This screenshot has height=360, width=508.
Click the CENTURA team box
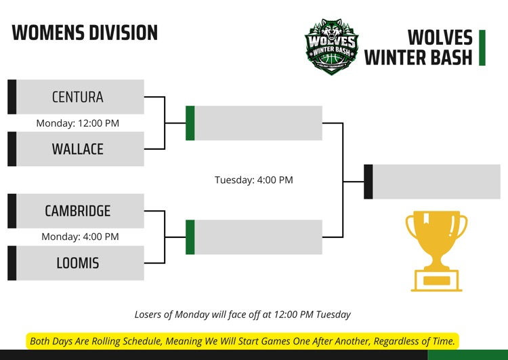click(78, 97)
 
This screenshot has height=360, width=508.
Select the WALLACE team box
click(78, 149)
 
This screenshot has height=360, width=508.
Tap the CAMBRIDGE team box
click(78, 211)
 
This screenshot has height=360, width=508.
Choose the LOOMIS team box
click(78, 263)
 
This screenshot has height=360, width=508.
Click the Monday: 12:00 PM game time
click(77, 123)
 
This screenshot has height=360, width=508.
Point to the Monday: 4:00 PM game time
click(80, 237)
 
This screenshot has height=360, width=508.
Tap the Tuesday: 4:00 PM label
click(254, 180)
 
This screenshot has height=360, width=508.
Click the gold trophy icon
click(436, 250)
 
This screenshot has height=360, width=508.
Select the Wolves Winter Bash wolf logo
click(331, 46)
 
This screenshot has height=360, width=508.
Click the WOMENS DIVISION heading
click(85, 33)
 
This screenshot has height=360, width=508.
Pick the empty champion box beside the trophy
click(436, 182)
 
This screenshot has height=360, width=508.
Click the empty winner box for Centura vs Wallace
click(258, 123)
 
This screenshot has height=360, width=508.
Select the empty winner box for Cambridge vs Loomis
click(258, 237)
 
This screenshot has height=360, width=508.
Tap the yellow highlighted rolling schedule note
click(242, 341)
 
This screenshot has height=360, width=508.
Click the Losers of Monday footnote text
click(242, 315)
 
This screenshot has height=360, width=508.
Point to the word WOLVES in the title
click(440, 37)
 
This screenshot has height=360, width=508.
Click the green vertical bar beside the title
click(482, 47)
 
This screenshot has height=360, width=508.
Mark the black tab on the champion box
click(368, 182)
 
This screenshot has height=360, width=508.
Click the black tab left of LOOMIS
click(12, 263)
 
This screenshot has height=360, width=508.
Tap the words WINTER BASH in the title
click(418, 58)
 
